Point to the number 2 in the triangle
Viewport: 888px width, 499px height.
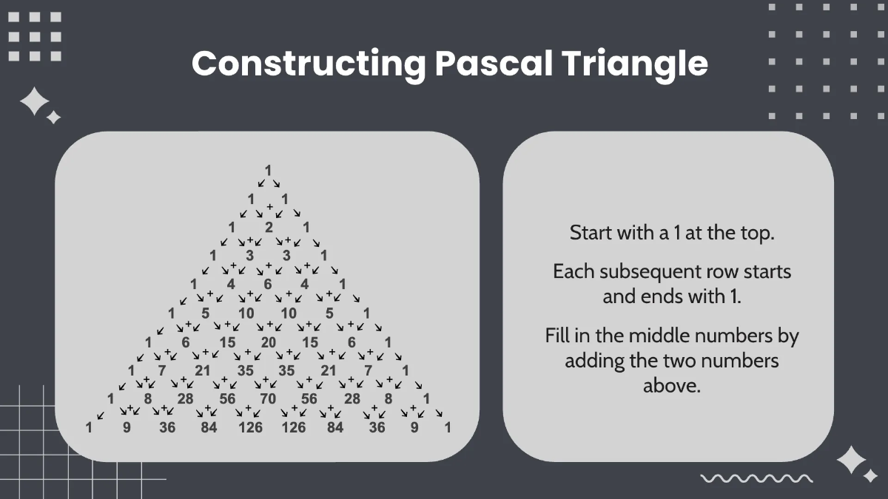269,227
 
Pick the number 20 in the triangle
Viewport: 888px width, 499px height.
269,342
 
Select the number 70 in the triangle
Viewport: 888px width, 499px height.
269,399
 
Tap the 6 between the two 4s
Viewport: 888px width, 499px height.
268,284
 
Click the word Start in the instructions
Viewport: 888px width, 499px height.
591,233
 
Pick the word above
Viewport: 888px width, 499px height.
671,386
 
